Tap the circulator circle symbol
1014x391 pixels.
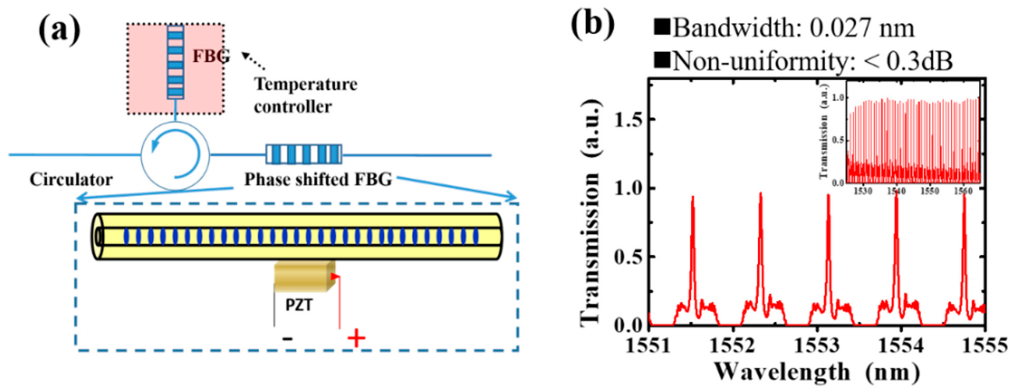click(x=175, y=155)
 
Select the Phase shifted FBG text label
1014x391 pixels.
click(x=318, y=180)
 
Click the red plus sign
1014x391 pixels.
click(x=356, y=338)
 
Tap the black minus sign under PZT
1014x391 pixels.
click(x=288, y=338)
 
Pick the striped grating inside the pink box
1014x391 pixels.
click(x=175, y=62)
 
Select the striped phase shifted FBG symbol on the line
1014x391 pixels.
click(x=303, y=154)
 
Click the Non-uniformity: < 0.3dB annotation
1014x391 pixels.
click(x=803, y=61)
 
